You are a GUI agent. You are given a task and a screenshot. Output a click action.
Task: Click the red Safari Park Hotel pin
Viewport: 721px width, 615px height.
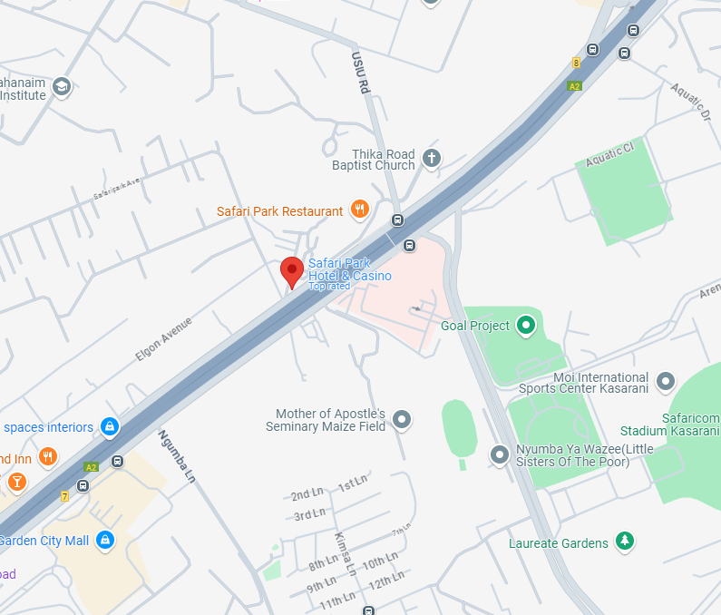pyautogui.click(x=291, y=270)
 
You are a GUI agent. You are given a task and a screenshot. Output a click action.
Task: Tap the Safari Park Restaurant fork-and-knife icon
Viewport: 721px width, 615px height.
pyautogui.click(x=360, y=210)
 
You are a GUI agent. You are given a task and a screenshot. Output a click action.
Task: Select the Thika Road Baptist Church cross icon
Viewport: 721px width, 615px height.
pyautogui.click(x=432, y=158)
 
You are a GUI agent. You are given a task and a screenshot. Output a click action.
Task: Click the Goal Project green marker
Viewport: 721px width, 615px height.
pyautogui.click(x=525, y=325)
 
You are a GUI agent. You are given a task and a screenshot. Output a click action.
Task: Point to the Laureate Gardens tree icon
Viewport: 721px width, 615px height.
pyautogui.click(x=624, y=542)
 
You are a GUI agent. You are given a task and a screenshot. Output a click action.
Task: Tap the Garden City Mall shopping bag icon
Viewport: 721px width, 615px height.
pyautogui.click(x=105, y=540)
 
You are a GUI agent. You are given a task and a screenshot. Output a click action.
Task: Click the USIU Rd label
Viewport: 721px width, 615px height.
pyautogui.click(x=361, y=73)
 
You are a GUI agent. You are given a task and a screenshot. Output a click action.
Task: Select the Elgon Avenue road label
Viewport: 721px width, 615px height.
pyautogui.click(x=164, y=339)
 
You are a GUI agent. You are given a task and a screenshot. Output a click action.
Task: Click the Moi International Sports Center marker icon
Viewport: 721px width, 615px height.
pyautogui.click(x=666, y=380)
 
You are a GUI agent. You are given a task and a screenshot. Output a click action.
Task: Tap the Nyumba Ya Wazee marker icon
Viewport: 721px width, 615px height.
pyautogui.click(x=499, y=454)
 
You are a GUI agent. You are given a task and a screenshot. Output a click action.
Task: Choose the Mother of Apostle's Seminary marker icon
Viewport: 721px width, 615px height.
pyautogui.click(x=402, y=419)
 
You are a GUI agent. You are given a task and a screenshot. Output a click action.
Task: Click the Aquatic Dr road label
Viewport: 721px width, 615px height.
pyautogui.click(x=692, y=102)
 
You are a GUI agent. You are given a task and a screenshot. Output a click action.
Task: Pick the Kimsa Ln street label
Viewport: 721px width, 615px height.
pyautogui.click(x=344, y=554)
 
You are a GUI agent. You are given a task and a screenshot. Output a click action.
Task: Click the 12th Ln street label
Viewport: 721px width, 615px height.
pyautogui.click(x=385, y=581)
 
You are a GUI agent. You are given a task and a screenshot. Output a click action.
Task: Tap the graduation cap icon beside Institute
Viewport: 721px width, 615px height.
pyautogui.click(x=62, y=87)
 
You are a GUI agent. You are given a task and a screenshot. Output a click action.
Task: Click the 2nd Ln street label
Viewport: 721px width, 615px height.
pyautogui.click(x=307, y=495)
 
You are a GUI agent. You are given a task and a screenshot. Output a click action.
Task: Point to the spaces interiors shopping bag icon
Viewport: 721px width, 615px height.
pyautogui.click(x=110, y=425)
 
